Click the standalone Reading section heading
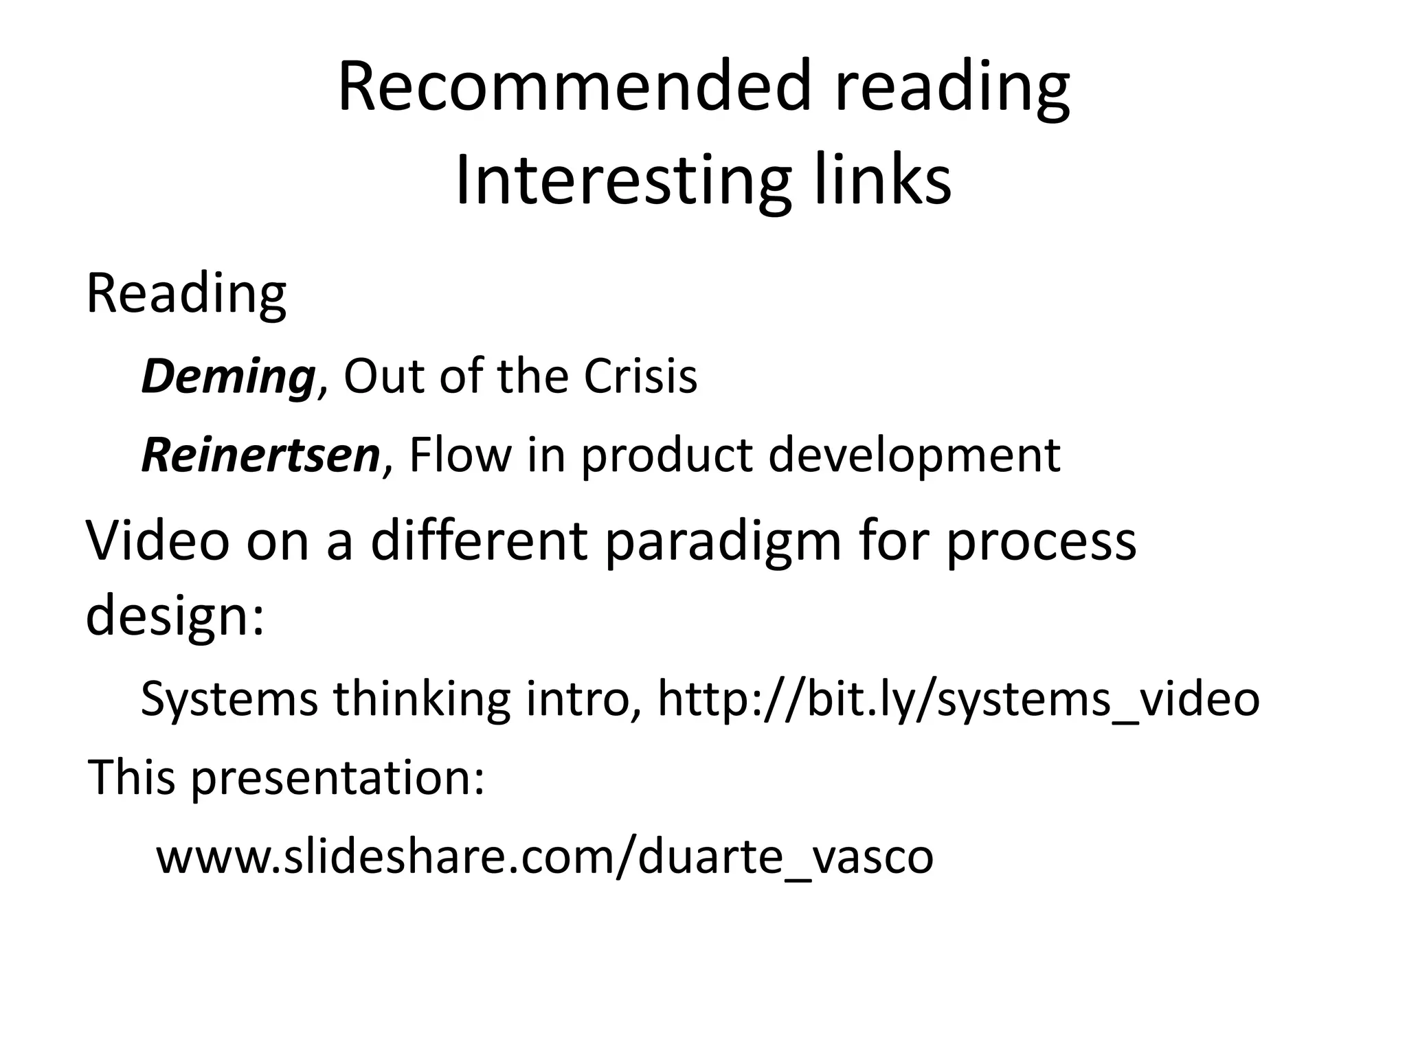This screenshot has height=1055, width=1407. (x=185, y=293)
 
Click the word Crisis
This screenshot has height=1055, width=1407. (x=640, y=377)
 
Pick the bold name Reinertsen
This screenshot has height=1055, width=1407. (x=260, y=455)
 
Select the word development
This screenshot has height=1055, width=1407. (x=914, y=455)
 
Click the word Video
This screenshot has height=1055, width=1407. (x=157, y=541)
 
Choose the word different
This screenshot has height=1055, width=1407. (x=479, y=541)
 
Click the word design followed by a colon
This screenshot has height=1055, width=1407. (x=175, y=615)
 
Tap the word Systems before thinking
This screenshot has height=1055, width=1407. (x=229, y=699)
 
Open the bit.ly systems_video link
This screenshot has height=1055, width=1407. (x=958, y=699)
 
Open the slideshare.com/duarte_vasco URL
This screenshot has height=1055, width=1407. (x=545, y=857)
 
